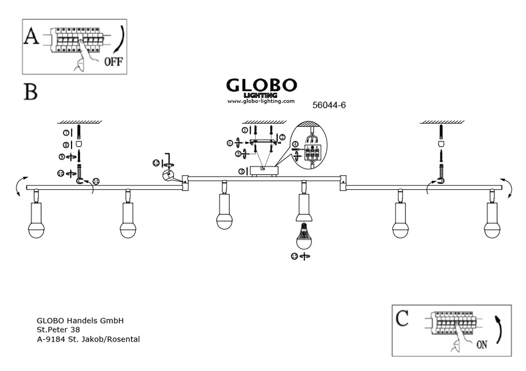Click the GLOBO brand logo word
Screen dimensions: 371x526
point(261,85)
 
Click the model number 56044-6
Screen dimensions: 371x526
point(329,105)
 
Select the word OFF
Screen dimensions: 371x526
point(113,61)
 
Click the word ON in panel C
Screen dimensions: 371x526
point(481,345)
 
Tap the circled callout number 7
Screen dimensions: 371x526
point(67,132)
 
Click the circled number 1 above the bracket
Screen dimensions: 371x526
point(245,129)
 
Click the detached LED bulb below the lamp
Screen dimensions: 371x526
point(303,238)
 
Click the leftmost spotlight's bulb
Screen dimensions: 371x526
point(36,230)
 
